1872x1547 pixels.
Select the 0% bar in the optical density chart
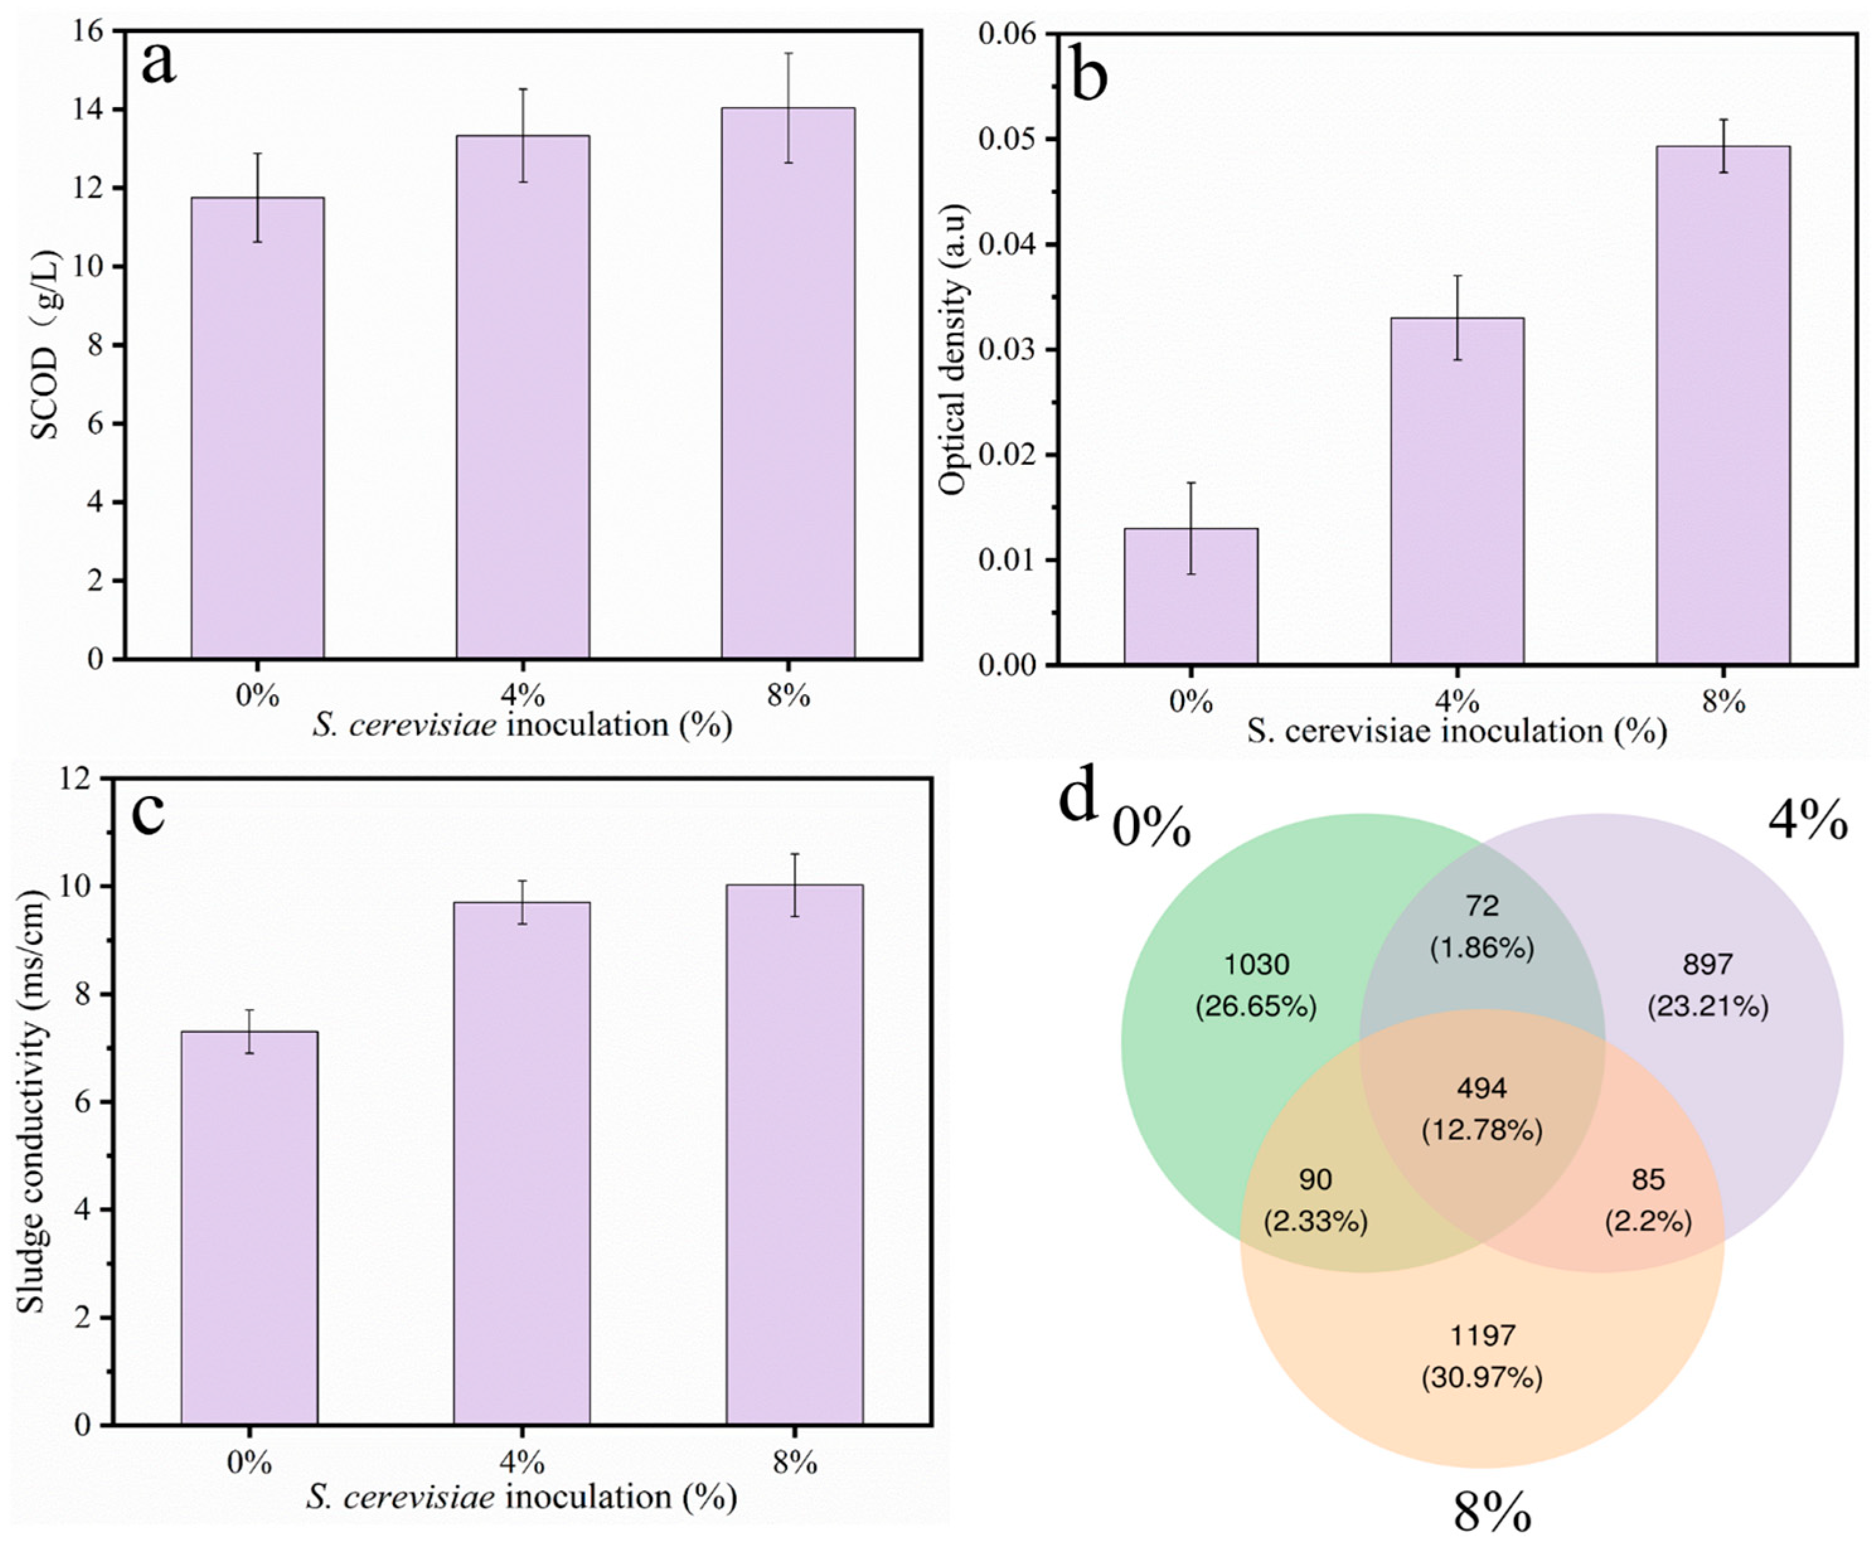[1190, 596]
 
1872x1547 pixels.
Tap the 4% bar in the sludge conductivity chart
[522, 1163]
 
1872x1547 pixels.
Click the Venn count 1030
[1257, 964]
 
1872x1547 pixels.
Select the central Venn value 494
[1481, 1088]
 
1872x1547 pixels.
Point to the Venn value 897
[1708, 964]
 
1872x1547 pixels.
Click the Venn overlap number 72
[1483, 906]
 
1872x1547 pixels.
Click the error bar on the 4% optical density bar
[1458, 317]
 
